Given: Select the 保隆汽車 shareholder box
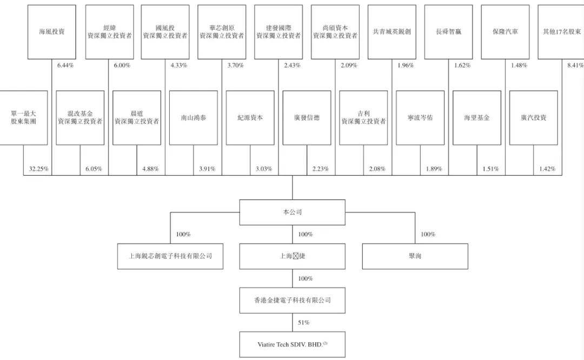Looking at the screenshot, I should [x=505, y=32].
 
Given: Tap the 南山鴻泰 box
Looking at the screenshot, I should [x=193, y=117].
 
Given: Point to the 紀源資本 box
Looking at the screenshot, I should [x=250, y=117].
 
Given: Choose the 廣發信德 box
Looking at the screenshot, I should [x=307, y=117].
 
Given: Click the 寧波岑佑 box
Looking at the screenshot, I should [x=420, y=117].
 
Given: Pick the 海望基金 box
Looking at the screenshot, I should [x=476, y=117].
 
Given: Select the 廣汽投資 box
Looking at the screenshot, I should [x=533, y=117].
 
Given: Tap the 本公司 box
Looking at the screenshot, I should [x=293, y=212].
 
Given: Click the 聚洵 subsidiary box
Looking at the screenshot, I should [x=415, y=256].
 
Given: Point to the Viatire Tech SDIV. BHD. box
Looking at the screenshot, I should [x=293, y=344].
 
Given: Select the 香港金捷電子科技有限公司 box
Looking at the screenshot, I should [x=293, y=300].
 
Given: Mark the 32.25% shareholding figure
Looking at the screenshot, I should [x=39, y=169].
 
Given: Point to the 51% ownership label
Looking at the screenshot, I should [x=303, y=323].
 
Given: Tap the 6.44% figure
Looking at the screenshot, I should [x=65, y=65].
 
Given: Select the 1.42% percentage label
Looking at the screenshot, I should [x=547, y=169].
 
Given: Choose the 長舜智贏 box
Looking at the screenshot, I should [x=448, y=32].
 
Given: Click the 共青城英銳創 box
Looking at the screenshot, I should [x=392, y=32].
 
